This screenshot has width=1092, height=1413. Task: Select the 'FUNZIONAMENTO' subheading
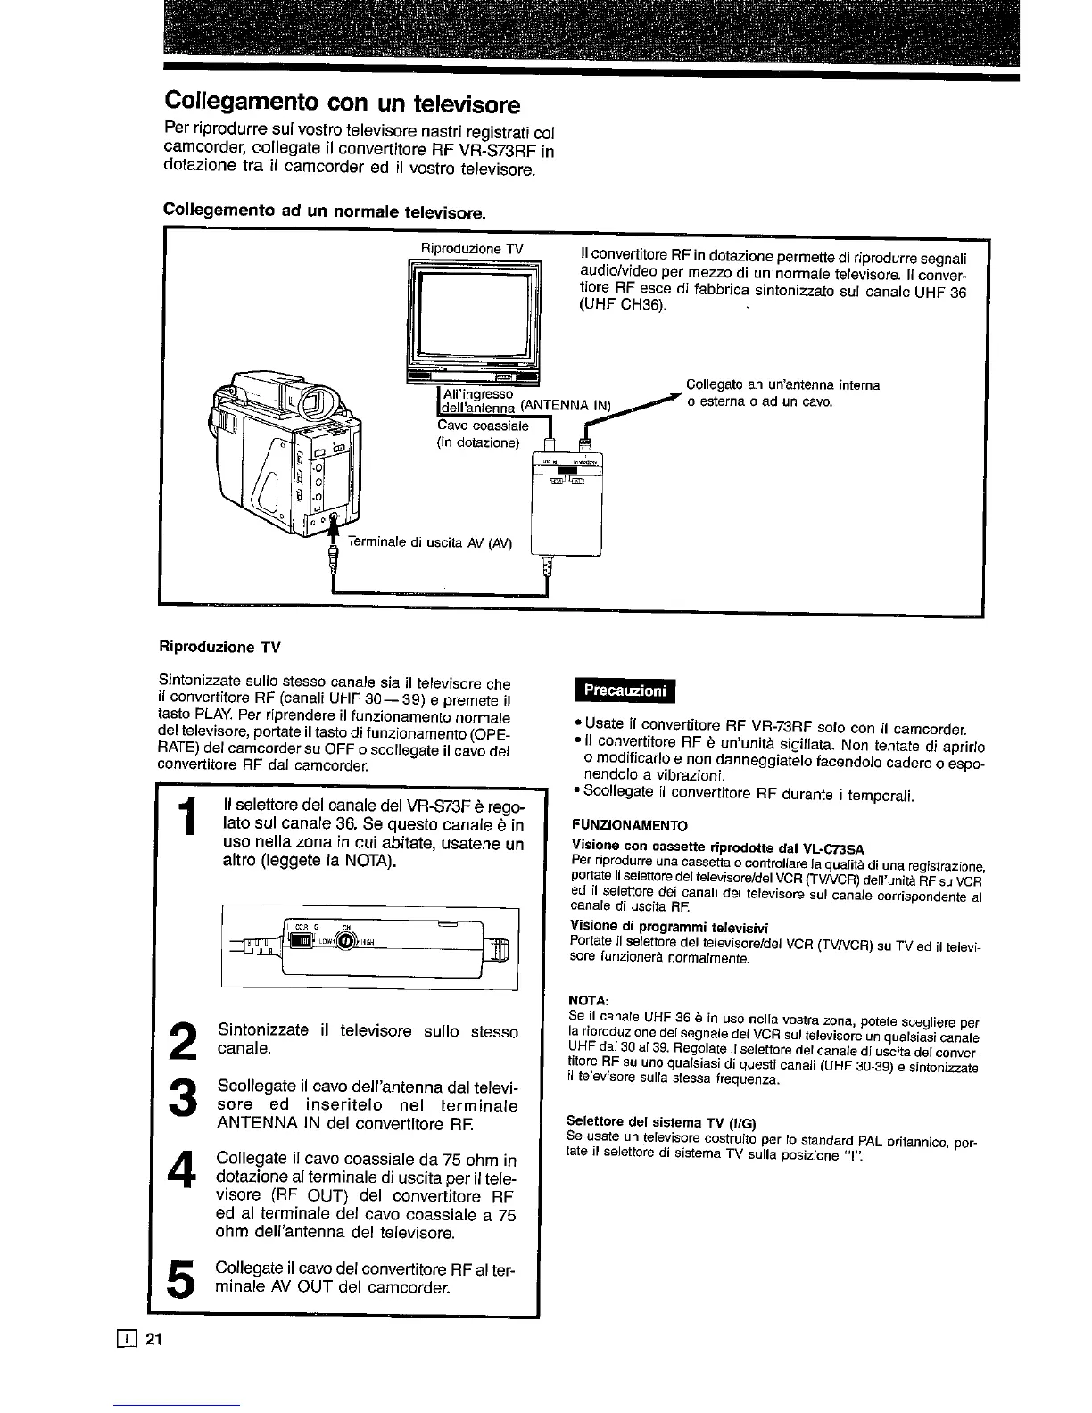point(629,824)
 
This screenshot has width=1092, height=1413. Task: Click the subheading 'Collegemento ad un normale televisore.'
point(325,211)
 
